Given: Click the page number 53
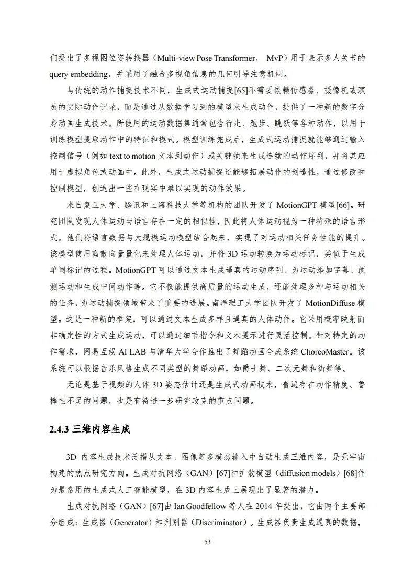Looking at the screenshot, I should pos(207,542).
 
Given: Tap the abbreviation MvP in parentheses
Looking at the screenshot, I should pos(278,57).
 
